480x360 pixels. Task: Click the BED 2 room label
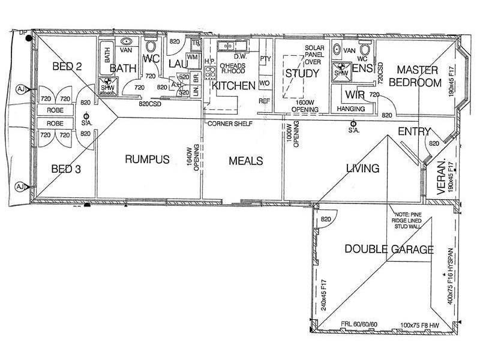tap(67, 67)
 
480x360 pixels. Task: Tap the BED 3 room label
tap(65, 169)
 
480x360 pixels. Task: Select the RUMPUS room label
tap(147, 160)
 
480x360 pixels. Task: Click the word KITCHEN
tap(233, 86)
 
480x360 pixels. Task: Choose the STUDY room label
tap(301, 74)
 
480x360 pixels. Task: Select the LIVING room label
tap(362, 169)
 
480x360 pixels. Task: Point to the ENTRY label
tap(414, 131)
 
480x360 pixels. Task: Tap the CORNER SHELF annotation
tap(230, 124)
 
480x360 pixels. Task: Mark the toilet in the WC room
tap(151, 48)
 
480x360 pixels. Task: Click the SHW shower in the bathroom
tap(107, 86)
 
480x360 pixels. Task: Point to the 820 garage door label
tap(326, 220)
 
